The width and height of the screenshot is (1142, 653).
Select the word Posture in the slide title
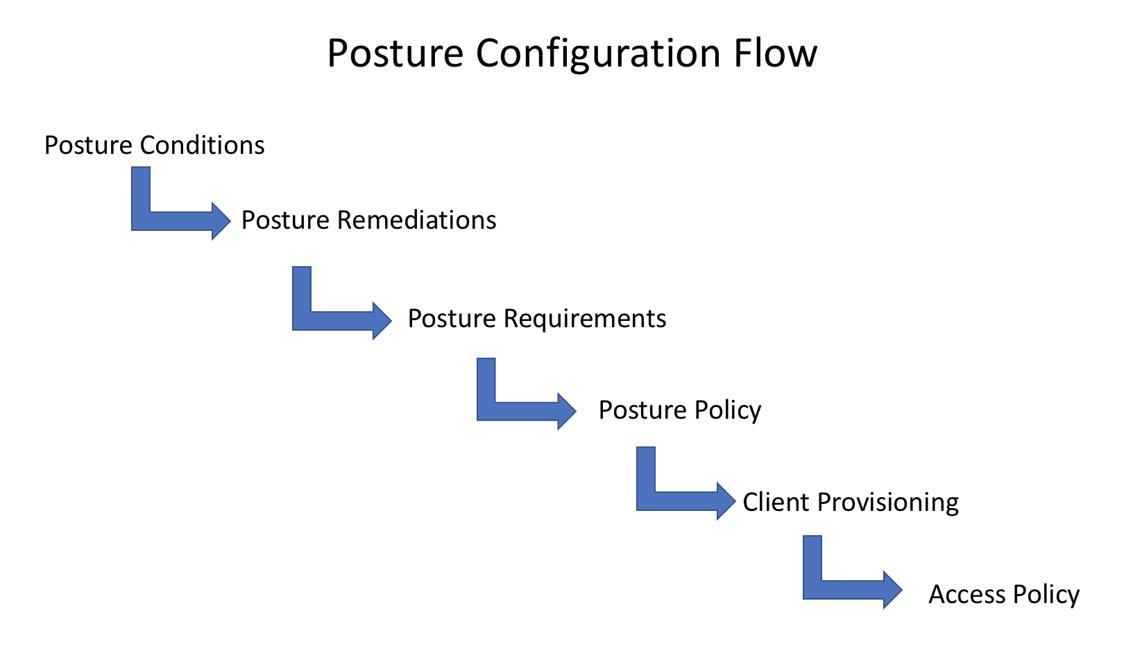395,53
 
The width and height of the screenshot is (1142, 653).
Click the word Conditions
202,146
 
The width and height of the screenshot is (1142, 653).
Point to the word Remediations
416,220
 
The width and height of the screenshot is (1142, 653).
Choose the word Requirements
584,319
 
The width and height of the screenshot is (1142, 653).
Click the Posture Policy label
679,410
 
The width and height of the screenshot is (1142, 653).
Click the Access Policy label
1003,595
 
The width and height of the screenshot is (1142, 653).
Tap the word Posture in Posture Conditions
88,146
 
